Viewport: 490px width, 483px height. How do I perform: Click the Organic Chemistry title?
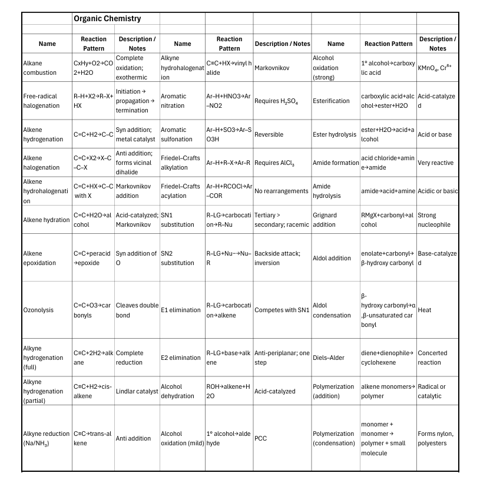point(107,19)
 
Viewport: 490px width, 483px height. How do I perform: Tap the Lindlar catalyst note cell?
point(137,391)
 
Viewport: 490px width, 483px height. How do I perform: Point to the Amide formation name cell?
point(335,163)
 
